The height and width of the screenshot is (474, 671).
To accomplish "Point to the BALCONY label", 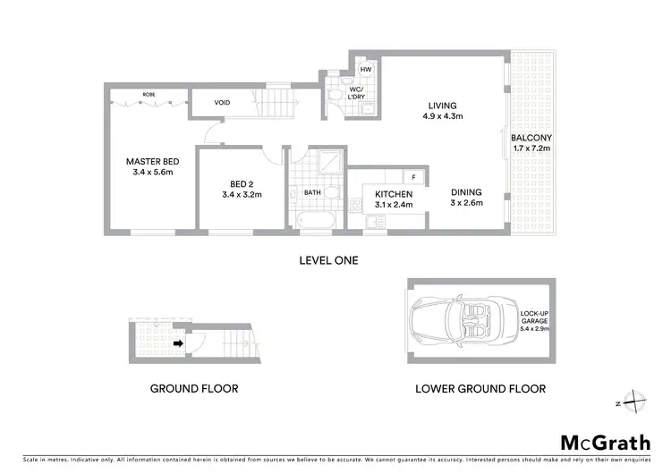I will click(x=531, y=143).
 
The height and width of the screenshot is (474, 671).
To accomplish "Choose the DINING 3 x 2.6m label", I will click(x=466, y=197).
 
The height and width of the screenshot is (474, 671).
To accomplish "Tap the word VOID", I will click(x=222, y=103).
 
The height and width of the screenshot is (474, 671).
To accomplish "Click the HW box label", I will click(x=366, y=69).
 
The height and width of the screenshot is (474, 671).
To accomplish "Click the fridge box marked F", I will click(x=414, y=177).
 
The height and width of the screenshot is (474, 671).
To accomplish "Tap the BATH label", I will click(x=312, y=191).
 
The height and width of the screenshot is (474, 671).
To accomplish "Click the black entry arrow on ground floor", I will click(x=178, y=342).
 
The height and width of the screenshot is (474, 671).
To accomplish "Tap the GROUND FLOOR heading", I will click(x=193, y=389).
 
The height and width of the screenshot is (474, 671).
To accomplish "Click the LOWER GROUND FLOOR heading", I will click(x=480, y=389).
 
